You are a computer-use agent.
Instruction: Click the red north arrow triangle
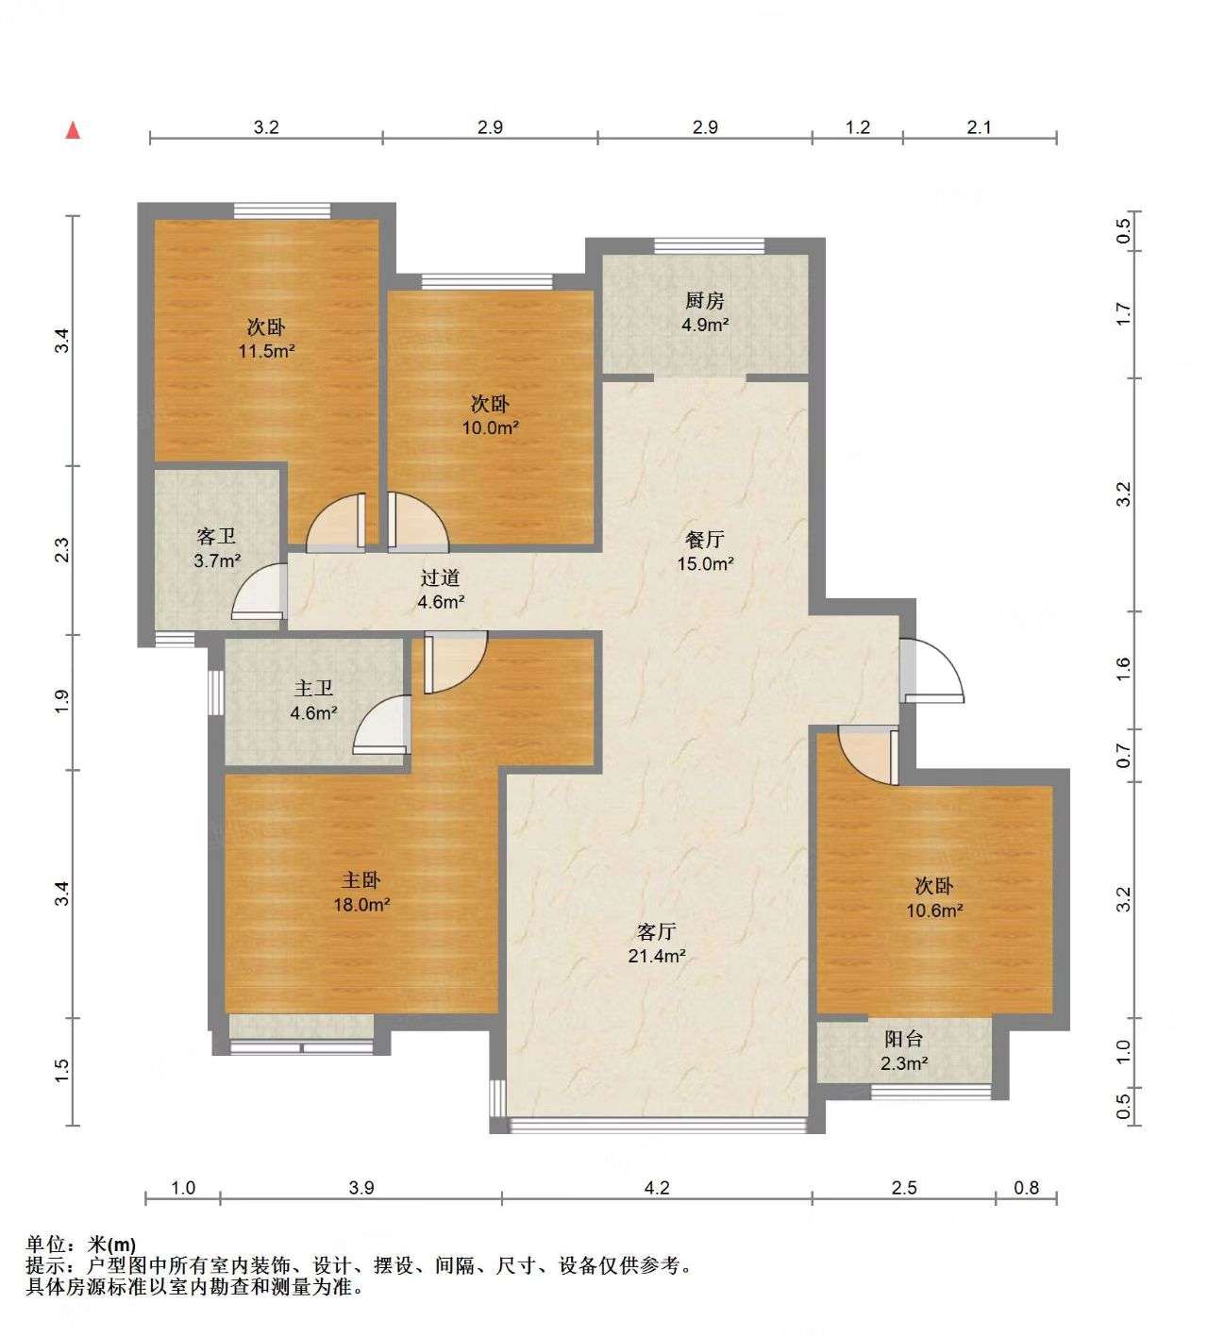tap(74, 130)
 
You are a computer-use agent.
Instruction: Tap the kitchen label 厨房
tap(705, 301)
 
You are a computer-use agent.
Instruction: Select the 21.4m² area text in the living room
tap(657, 957)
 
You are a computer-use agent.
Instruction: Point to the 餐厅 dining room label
tap(705, 539)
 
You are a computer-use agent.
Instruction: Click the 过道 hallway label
tap(440, 577)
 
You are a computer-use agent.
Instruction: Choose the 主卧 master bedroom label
tap(361, 880)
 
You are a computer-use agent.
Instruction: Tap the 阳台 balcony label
tap(903, 1039)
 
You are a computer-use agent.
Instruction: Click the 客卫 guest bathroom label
tap(217, 537)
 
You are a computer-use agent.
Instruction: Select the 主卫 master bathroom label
tap(313, 689)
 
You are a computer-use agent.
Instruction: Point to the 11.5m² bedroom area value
tap(267, 351)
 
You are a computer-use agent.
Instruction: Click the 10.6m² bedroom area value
tap(934, 911)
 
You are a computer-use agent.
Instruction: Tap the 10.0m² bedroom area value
tap(491, 427)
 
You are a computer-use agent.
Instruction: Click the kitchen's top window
tap(710, 246)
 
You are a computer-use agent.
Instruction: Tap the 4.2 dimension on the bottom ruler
tap(657, 1188)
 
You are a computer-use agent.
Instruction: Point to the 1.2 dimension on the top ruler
tap(857, 127)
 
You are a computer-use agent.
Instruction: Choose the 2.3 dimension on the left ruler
tap(62, 550)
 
